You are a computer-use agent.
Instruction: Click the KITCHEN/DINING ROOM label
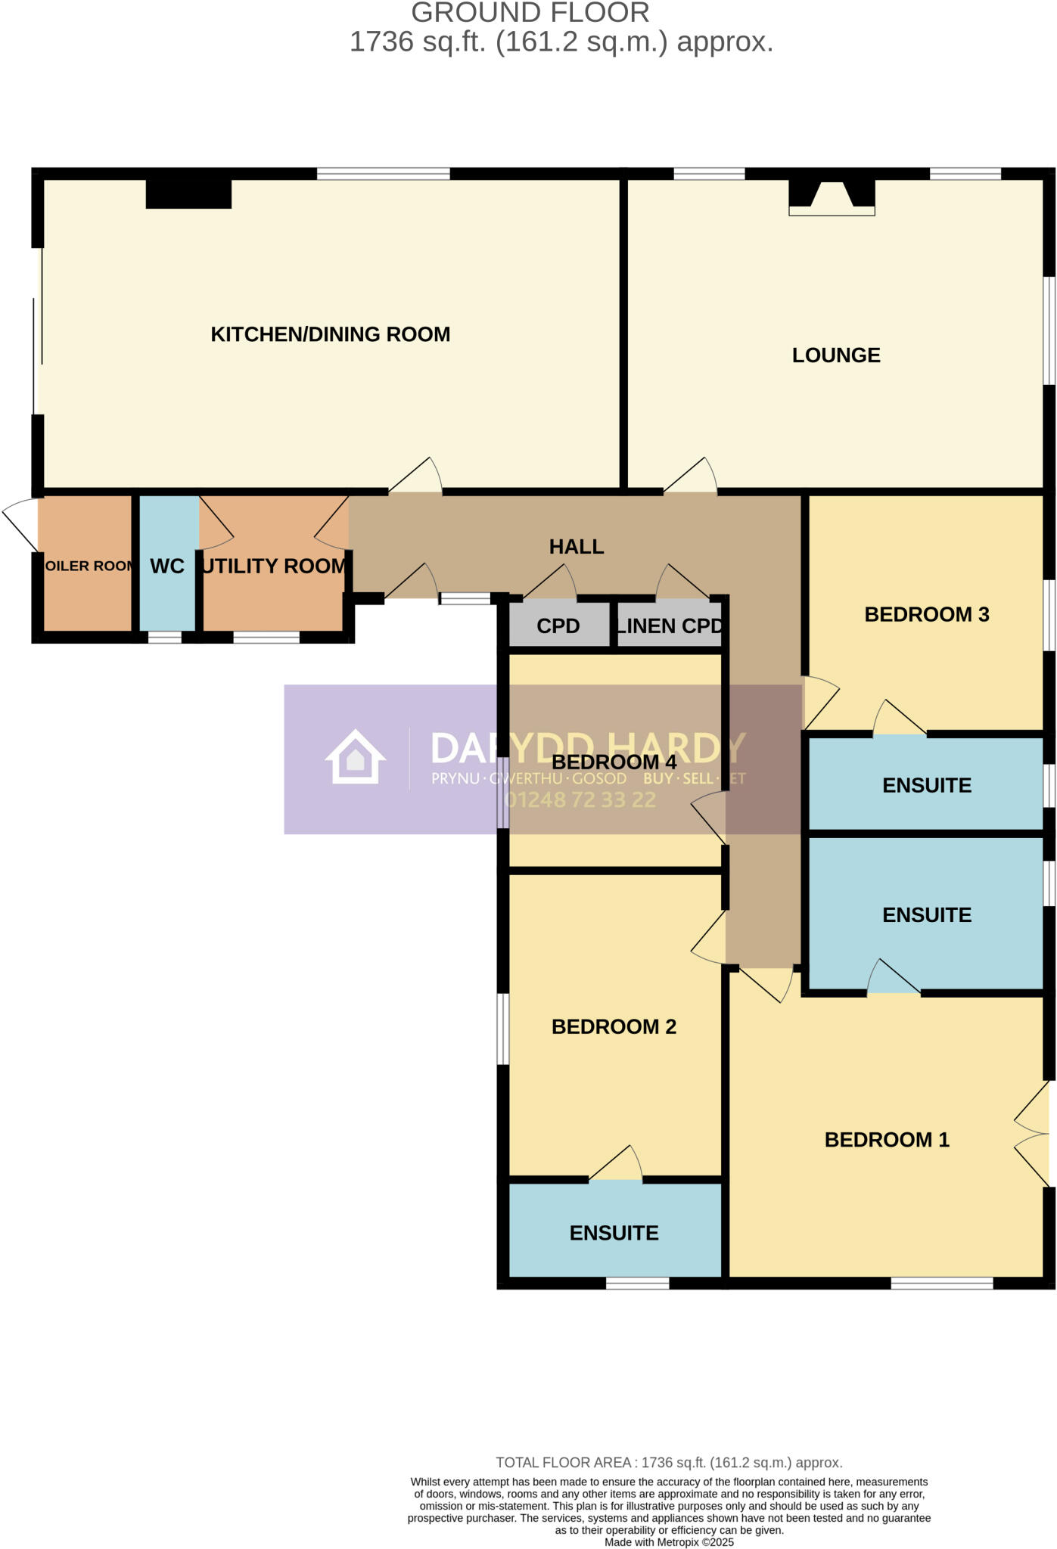point(330,334)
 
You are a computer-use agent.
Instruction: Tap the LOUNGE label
point(835,355)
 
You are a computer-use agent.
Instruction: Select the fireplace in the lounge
point(832,197)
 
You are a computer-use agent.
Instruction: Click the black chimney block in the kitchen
point(188,194)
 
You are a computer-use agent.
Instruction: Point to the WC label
point(167,567)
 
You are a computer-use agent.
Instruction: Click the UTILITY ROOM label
point(274,567)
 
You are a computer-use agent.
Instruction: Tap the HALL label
point(576,547)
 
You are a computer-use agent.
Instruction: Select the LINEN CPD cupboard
point(669,626)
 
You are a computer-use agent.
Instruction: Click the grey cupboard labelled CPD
point(558,626)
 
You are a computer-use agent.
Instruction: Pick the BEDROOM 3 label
point(926,615)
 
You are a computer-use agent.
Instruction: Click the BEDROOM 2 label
point(614,1027)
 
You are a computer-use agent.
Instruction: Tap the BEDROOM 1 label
point(886,1140)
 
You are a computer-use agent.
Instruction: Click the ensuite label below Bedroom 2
point(614,1233)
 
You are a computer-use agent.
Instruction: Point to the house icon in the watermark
point(355,757)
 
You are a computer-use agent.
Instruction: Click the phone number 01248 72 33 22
point(580,800)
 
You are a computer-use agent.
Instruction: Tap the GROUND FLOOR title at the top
point(530,13)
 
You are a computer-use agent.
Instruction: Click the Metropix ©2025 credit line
point(669,1542)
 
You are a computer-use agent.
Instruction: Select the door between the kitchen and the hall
point(415,478)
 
